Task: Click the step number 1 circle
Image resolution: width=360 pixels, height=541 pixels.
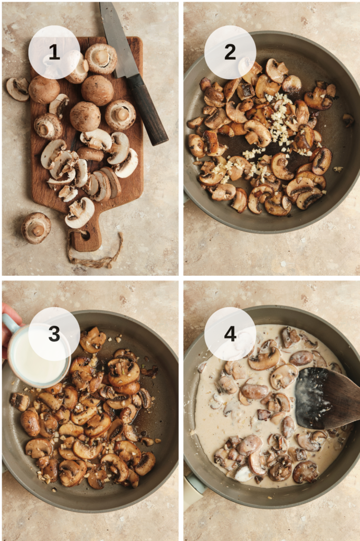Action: [54, 52]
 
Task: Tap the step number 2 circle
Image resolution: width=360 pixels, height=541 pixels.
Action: [230, 52]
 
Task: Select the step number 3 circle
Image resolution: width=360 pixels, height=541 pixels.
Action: [54, 333]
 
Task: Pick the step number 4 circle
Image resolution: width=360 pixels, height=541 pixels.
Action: [230, 333]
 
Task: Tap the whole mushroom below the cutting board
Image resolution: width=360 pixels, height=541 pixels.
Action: [36, 228]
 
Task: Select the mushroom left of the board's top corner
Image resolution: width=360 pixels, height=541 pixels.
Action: [17, 89]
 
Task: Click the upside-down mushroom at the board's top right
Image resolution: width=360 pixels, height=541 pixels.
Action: [120, 115]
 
